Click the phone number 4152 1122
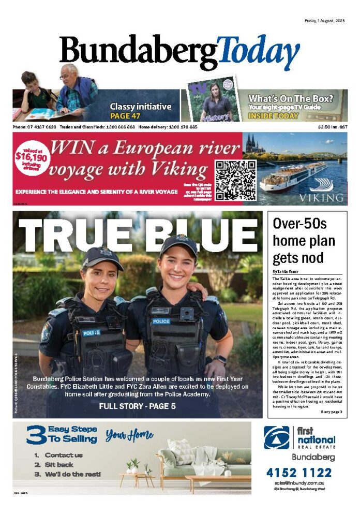(x=299, y=473)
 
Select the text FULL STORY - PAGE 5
(x=138, y=406)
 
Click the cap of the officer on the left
(x=103, y=255)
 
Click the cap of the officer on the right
(x=178, y=244)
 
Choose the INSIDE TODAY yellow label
(x=277, y=116)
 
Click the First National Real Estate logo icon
(x=277, y=437)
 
